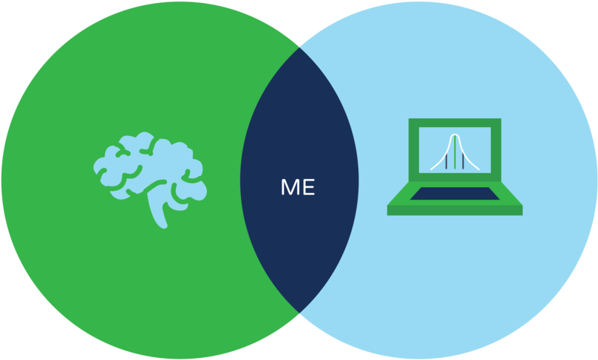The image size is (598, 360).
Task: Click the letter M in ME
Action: point(289,187)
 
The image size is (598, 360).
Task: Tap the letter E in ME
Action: point(308,187)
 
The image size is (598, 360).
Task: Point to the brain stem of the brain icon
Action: point(158,208)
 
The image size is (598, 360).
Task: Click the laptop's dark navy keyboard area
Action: point(455,194)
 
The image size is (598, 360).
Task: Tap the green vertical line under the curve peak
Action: point(455,152)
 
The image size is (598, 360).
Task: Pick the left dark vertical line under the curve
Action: point(446,161)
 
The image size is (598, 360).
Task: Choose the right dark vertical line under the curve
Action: point(463,161)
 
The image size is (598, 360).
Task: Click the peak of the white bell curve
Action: point(455,135)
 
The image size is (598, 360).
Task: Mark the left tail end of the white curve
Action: point(431,169)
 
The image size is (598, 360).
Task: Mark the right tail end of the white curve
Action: point(479,169)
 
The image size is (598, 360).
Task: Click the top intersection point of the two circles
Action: point(299,47)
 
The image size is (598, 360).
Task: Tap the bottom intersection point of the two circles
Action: point(299,313)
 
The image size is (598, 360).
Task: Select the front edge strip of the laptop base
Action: point(455,211)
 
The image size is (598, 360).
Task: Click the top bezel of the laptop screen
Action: point(455,123)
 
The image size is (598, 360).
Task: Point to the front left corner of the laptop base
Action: point(387,215)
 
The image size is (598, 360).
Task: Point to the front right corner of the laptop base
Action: point(522,215)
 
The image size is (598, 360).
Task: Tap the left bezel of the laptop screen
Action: point(414,150)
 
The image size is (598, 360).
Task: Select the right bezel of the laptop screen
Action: point(496,150)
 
